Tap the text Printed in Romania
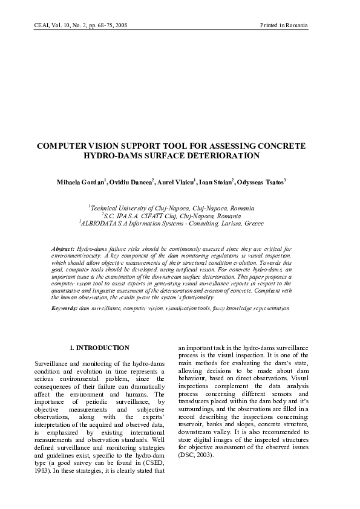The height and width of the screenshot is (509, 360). [284, 26]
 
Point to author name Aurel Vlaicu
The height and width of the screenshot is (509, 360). [175, 182]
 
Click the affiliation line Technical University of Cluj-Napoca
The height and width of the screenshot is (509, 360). [180, 207]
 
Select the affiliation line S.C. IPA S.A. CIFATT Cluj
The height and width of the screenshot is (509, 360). [180, 215]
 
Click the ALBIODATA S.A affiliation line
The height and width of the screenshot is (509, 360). [180, 223]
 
